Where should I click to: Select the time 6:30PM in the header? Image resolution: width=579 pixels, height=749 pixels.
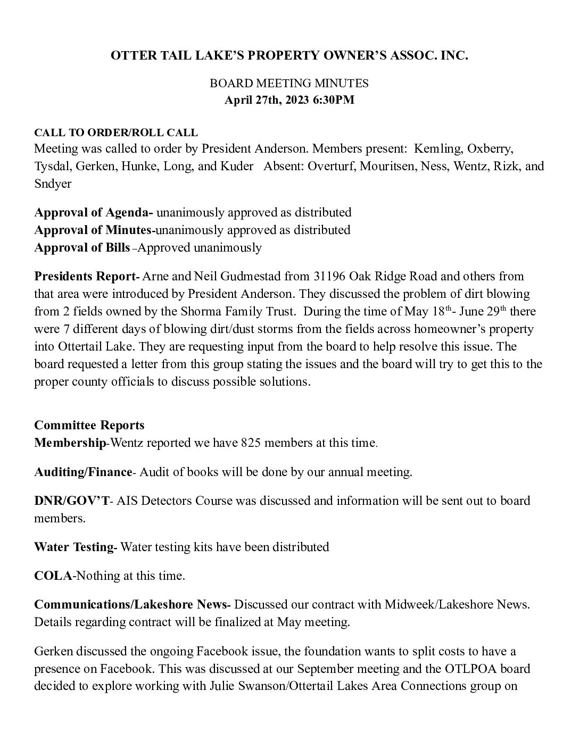point(335,100)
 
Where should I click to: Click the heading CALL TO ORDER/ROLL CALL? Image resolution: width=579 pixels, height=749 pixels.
point(116,132)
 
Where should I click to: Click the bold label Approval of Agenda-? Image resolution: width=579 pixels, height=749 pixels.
point(94,212)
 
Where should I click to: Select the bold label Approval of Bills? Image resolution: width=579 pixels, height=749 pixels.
point(82,247)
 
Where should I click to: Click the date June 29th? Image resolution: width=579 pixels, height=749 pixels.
point(482,311)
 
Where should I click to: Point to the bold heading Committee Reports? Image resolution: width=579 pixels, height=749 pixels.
point(89,425)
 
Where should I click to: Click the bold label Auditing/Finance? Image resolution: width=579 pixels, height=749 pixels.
point(83,472)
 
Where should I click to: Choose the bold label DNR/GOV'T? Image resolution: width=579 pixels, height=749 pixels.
point(72,501)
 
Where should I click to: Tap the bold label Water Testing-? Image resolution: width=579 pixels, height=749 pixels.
point(76,547)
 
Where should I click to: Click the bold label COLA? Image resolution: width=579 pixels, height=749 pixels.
point(53,576)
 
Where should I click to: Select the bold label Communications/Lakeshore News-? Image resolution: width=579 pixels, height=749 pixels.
point(132,604)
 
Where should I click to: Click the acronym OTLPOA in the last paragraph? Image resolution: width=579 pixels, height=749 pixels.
point(479,669)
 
